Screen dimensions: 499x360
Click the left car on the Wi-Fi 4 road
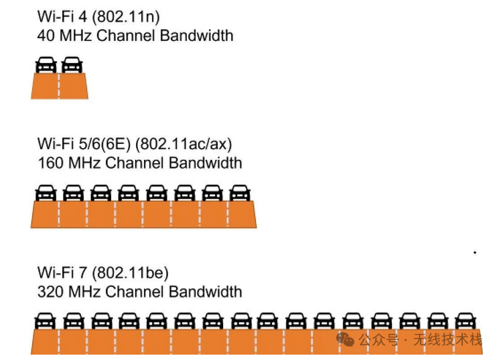[x=46, y=65]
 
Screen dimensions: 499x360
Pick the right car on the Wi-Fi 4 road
[x=72, y=65]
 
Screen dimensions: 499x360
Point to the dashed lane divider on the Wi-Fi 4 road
[x=59, y=86]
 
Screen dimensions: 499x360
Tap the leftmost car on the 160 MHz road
[x=46, y=193]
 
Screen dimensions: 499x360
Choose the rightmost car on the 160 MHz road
[x=239, y=193]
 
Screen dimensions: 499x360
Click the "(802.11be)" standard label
[x=131, y=273]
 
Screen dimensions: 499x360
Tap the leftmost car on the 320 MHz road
[x=45, y=320]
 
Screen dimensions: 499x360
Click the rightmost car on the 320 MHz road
[x=466, y=320]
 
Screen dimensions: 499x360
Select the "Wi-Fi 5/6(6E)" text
[x=85, y=144]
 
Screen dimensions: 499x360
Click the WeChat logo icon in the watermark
[x=346, y=339]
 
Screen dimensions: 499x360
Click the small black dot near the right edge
[x=475, y=253]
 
